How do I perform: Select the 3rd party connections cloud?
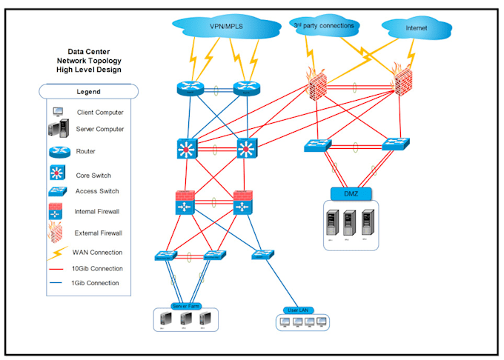(x=324, y=26)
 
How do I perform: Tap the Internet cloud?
(x=416, y=29)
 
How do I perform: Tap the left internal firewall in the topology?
(x=185, y=203)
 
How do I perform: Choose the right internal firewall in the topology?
(x=244, y=203)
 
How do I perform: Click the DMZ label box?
(x=351, y=194)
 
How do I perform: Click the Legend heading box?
(x=88, y=91)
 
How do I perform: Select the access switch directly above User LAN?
(x=262, y=255)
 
